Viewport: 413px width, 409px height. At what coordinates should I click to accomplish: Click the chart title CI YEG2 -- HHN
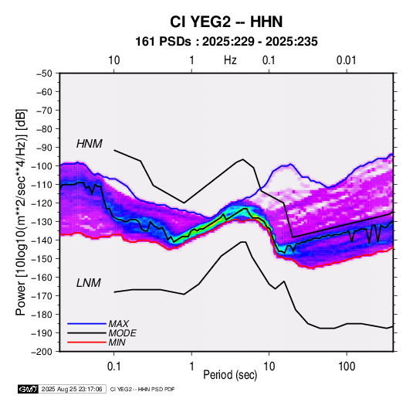coord(226,22)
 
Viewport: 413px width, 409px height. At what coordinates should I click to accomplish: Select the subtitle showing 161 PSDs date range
coord(226,42)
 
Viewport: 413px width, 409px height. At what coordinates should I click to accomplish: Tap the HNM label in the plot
coord(90,144)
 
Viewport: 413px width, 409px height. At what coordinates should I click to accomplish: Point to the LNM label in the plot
coord(89,283)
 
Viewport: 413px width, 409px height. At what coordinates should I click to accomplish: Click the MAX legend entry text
coord(119,323)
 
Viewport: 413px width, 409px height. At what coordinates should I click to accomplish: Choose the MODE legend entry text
coord(122,333)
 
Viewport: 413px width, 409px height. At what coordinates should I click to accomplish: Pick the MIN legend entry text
coord(117,343)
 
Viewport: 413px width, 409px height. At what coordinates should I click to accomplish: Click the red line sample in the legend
coord(86,343)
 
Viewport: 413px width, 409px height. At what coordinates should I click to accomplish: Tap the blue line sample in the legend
coord(86,323)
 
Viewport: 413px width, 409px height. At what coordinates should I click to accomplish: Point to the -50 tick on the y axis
coord(44,73)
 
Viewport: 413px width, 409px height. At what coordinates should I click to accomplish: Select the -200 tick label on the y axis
coord(42,352)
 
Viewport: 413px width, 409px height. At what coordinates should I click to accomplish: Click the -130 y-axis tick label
coord(42,221)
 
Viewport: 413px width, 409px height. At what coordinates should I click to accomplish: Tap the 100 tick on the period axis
coord(347,366)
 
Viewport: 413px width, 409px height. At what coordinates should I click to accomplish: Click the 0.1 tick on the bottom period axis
coord(113,366)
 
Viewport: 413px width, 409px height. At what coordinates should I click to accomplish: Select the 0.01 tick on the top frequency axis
coord(346,60)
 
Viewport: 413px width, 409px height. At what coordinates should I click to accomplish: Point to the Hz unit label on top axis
coord(230,60)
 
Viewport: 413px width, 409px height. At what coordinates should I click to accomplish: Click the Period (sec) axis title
coord(230,375)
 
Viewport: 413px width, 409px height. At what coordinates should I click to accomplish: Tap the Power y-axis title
coord(21,212)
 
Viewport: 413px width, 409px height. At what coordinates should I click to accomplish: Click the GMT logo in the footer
coord(28,389)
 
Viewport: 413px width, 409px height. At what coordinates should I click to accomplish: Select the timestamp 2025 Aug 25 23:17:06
coord(72,389)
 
